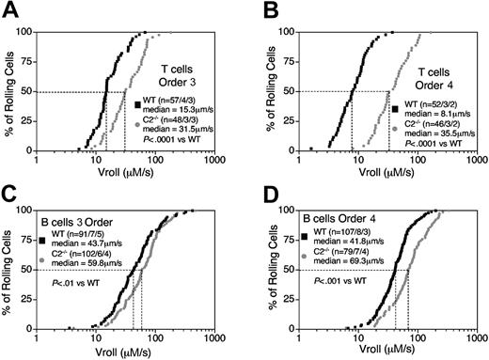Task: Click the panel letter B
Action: click(257, 11)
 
